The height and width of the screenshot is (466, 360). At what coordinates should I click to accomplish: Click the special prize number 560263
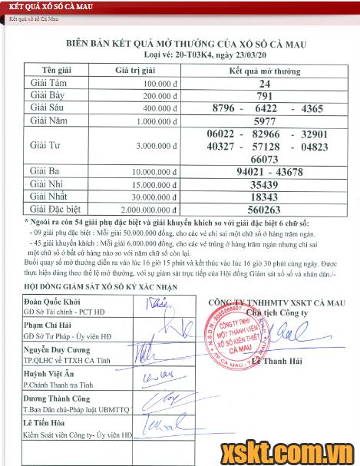click(x=265, y=208)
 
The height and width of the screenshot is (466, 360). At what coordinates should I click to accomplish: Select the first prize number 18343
click(x=265, y=197)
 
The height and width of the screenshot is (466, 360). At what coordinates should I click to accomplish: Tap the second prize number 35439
click(x=265, y=184)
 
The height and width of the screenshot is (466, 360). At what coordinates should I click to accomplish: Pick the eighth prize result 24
click(x=265, y=83)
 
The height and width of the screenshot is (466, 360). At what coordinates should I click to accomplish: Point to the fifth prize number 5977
click(x=265, y=121)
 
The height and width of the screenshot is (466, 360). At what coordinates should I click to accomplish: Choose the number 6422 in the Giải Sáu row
click(x=266, y=108)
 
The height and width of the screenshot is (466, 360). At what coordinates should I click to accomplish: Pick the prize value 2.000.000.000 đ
click(x=144, y=209)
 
